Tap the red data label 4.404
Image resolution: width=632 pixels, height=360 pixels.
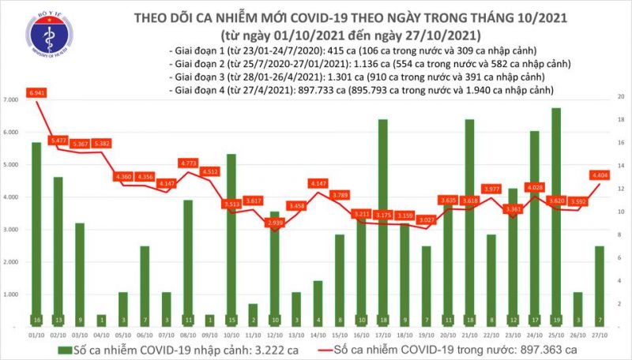598,174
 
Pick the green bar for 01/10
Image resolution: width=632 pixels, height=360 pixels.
36,234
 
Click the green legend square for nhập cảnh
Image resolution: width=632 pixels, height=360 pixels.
53,350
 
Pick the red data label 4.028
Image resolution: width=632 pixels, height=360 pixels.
534,187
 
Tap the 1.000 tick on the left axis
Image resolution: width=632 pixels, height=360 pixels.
12,294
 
